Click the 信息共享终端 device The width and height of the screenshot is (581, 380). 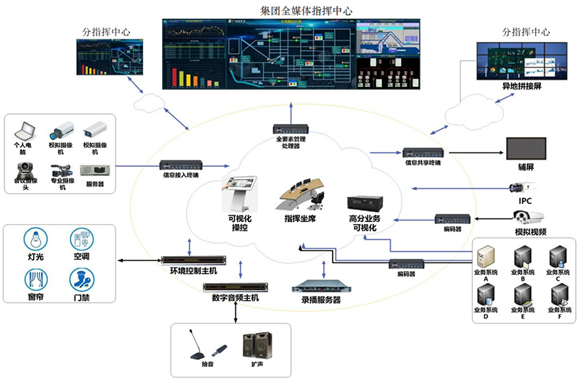[x=423, y=153]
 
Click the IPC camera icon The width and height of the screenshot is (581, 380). [x=525, y=187]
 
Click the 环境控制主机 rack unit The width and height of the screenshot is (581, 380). [x=190, y=259]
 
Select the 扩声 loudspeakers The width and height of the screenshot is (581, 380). [x=258, y=345]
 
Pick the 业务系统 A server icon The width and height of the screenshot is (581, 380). [x=486, y=256]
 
